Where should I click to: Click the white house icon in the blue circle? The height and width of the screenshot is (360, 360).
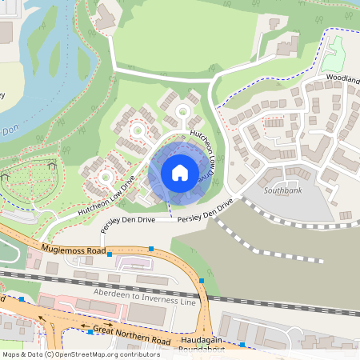click(179, 173)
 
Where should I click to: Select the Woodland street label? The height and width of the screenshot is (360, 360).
click(342, 81)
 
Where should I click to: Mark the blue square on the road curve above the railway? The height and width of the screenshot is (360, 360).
click(203, 281)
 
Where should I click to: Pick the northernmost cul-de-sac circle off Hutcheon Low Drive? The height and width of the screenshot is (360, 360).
click(183, 110)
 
